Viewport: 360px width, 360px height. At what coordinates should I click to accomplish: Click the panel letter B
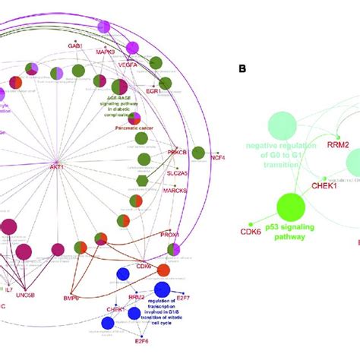click(242, 68)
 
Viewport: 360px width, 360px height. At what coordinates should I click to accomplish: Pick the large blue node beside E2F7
click(162, 289)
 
